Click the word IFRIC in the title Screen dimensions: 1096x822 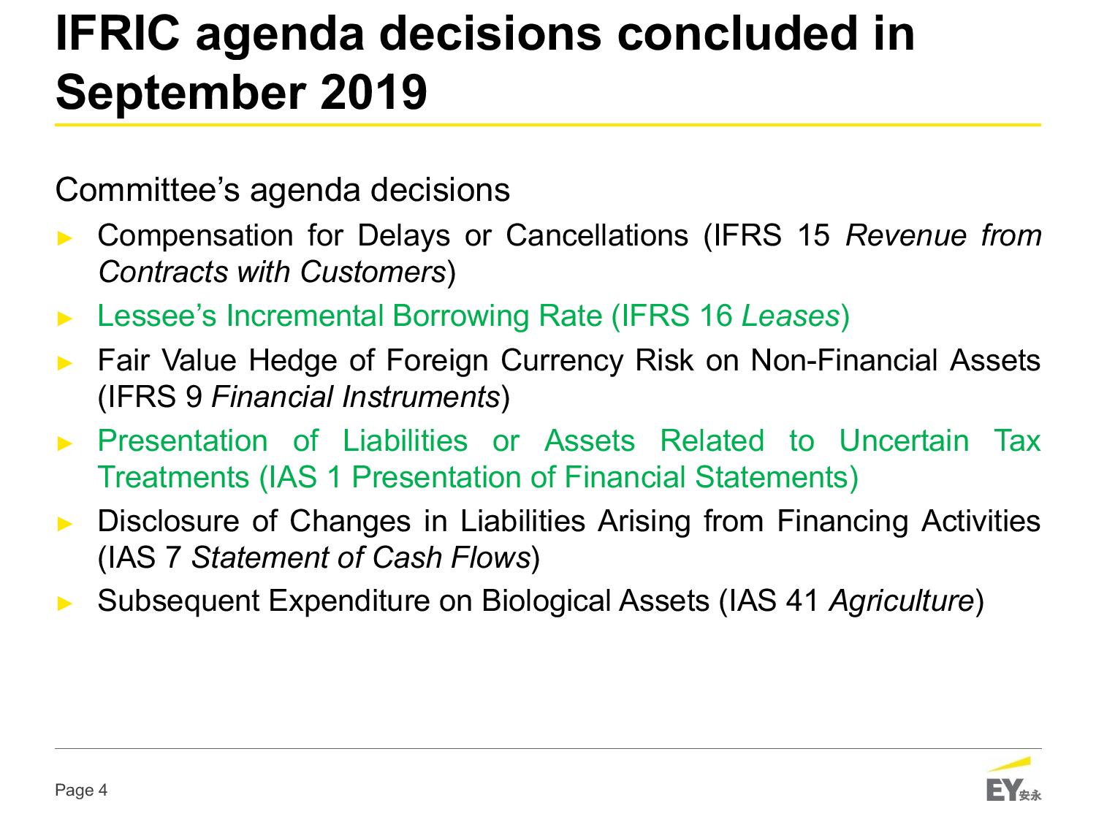pos(118,33)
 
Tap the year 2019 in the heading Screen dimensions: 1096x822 pos(373,92)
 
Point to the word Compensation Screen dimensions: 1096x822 pos(195,237)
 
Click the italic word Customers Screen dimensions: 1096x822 pos(373,272)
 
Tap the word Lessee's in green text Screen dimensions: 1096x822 pos(157,316)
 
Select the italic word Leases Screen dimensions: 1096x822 pos(791,316)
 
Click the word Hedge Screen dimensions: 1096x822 pos(292,362)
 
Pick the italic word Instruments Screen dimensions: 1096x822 pos(420,397)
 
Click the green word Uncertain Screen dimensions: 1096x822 pos(904,441)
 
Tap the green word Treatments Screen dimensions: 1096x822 pos(173,477)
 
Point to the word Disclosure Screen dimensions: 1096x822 pos(168,521)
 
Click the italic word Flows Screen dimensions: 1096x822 pos(490,557)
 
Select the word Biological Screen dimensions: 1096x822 pos(547,601)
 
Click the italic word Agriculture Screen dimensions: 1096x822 pos(901,601)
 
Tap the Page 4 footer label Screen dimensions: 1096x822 pos(81,790)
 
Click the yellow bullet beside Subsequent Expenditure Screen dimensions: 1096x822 pos(65,604)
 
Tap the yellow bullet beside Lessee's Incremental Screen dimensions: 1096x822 pos(65,319)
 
